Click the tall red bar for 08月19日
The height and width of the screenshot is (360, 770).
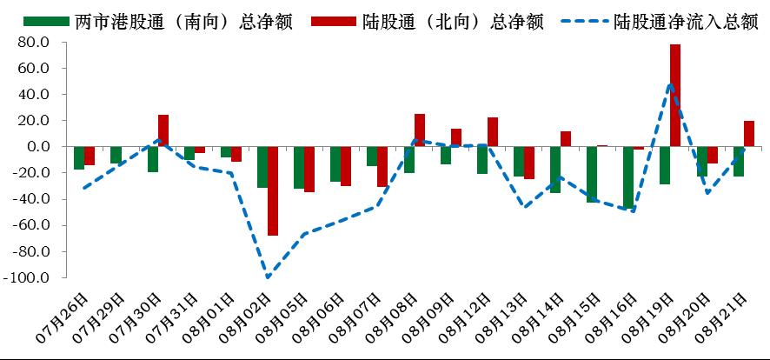675,96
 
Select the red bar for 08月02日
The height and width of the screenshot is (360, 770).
273,190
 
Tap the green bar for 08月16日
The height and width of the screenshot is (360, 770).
628,177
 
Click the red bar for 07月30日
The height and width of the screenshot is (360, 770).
163,130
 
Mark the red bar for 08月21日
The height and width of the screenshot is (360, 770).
749,134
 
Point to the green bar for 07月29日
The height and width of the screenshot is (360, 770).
116,155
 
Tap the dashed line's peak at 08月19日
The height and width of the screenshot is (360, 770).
670,84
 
